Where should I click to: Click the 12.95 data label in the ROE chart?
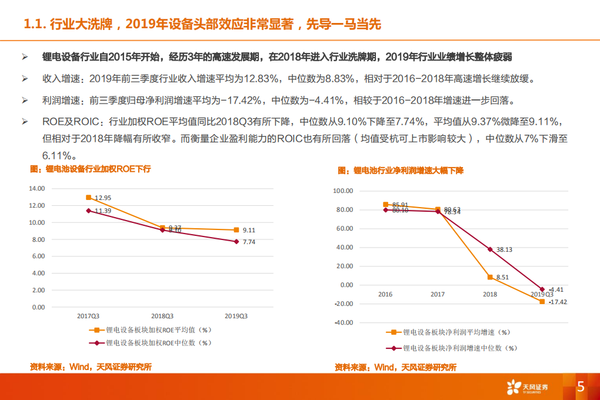click(x=104, y=198)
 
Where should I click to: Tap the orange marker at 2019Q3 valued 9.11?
click(x=236, y=230)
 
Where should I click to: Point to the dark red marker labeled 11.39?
click(x=89, y=211)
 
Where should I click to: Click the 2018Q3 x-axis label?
click(x=162, y=316)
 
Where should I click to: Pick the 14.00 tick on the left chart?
click(x=37, y=189)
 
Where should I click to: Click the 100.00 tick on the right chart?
click(x=342, y=191)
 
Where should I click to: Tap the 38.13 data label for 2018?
click(x=505, y=249)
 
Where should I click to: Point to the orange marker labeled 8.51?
click(x=490, y=277)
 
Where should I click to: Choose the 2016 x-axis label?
click(x=385, y=294)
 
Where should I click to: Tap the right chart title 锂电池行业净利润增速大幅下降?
click(x=401, y=171)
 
